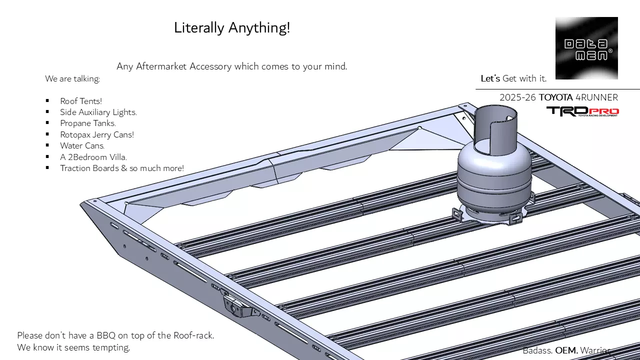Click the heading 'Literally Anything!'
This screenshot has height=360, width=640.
tap(232, 28)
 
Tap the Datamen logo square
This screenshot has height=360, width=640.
tap(586, 48)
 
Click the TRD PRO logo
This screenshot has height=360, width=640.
tap(582, 111)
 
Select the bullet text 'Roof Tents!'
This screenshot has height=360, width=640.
tap(81, 101)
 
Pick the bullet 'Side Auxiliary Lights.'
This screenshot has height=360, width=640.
tap(98, 112)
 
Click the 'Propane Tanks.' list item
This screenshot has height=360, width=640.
tap(88, 123)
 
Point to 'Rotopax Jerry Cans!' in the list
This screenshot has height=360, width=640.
tap(97, 134)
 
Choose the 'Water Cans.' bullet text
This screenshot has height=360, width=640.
tap(82, 145)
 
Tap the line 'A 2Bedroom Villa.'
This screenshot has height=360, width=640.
tap(93, 157)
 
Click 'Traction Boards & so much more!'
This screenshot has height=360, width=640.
tap(122, 168)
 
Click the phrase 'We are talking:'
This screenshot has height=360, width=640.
tap(72, 78)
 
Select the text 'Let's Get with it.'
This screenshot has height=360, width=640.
tap(513, 78)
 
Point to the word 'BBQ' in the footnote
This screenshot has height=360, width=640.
tap(106, 335)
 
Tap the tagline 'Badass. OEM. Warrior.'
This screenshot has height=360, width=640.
tap(566, 350)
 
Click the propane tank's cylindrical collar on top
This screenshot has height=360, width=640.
tap(495, 127)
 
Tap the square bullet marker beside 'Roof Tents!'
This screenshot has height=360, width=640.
tap(47, 101)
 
